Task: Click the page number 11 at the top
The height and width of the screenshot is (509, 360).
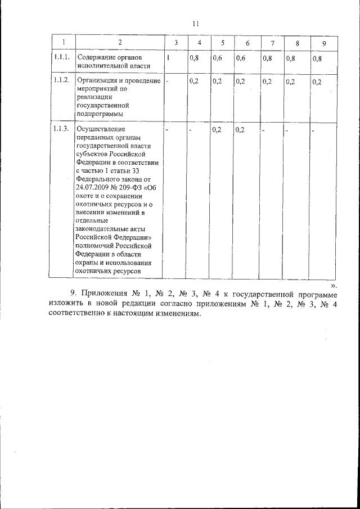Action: (x=195, y=24)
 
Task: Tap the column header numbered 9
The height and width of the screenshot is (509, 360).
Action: (x=323, y=44)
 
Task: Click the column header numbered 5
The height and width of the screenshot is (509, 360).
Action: (x=223, y=44)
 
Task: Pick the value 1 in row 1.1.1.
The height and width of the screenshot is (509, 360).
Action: (x=168, y=58)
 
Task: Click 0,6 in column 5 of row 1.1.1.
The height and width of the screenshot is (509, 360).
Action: (x=218, y=58)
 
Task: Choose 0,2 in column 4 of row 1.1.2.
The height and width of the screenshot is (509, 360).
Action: (x=194, y=82)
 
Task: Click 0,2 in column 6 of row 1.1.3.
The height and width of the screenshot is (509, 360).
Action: (x=241, y=130)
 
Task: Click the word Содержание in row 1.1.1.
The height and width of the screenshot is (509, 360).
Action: (x=98, y=58)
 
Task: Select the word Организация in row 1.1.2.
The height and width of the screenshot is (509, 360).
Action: (x=99, y=82)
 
